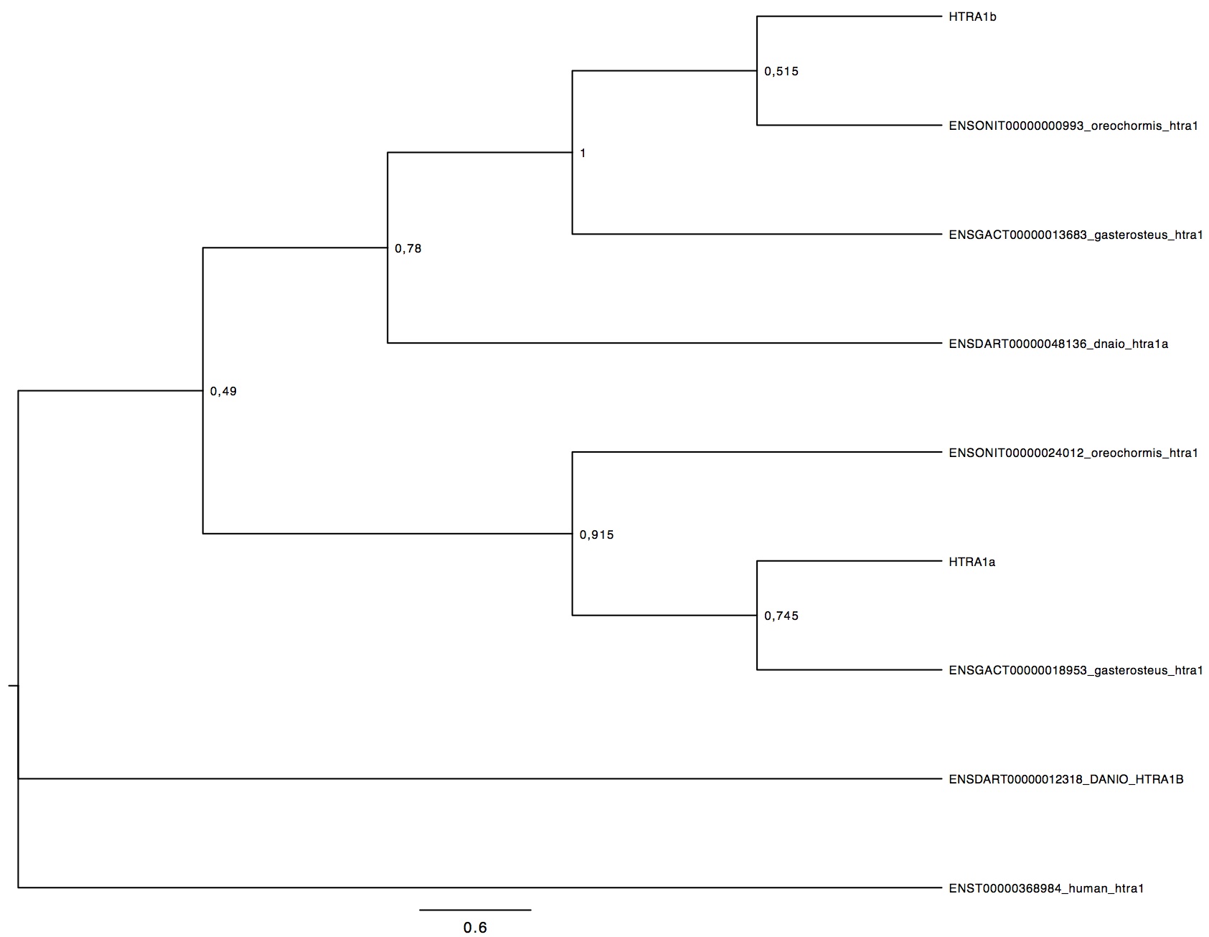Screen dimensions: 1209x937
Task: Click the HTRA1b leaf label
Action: click(972, 17)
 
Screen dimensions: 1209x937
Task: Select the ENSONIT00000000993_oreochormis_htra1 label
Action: click(1073, 126)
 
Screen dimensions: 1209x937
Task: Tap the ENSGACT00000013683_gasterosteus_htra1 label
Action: click(1076, 235)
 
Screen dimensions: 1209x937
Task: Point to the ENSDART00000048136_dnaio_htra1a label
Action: click(1058, 344)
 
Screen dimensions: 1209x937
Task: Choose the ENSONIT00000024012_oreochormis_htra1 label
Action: click(1073, 453)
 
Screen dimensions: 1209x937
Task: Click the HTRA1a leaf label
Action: click(972, 562)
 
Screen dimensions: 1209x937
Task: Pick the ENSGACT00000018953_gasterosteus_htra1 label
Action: click(1076, 670)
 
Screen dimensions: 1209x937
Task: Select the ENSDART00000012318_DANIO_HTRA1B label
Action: click(1066, 779)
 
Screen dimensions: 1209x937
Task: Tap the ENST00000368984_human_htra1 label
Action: click(1046, 888)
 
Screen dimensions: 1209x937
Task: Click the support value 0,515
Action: click(781, 72)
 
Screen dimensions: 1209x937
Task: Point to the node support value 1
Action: click(583, 153)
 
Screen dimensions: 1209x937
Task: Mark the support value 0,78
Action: click(408, 249)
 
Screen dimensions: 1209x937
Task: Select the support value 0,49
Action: click(223, 391)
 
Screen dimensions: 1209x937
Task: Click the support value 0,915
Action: click(597, 535)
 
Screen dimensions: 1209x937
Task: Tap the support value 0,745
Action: click(781, 616)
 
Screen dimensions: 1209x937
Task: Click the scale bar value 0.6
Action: click(475, 928)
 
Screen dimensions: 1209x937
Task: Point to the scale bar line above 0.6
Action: click(475, 910)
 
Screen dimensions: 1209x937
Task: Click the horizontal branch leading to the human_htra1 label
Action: click(479, 888)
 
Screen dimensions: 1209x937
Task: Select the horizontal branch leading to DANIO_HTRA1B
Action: click(479, 778)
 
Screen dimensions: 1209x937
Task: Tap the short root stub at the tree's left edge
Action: click(13, 686)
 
